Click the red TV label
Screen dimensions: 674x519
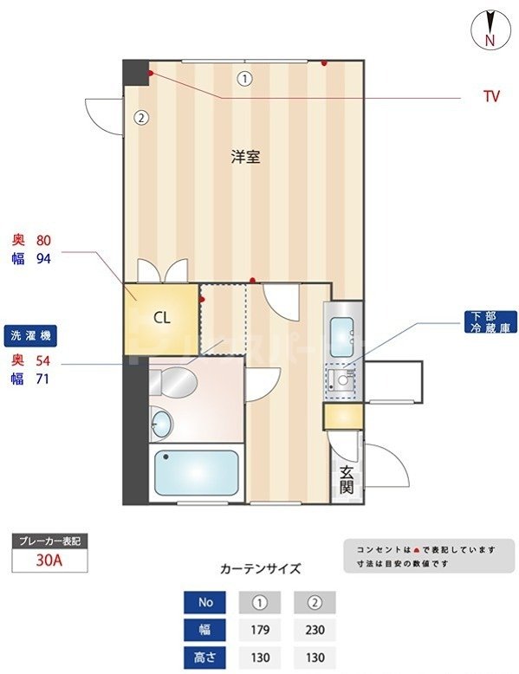491,97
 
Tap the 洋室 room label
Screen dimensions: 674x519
246,157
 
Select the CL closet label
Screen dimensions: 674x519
162,317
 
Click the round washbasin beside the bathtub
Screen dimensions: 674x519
161,424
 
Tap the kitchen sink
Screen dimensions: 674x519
341,331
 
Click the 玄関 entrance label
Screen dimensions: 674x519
346,480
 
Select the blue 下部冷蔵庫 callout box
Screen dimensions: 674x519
490,323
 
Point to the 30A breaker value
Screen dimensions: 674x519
49,560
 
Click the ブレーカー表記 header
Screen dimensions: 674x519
49,541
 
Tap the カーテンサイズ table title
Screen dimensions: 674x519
260,569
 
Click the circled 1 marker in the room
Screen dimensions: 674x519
245,79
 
